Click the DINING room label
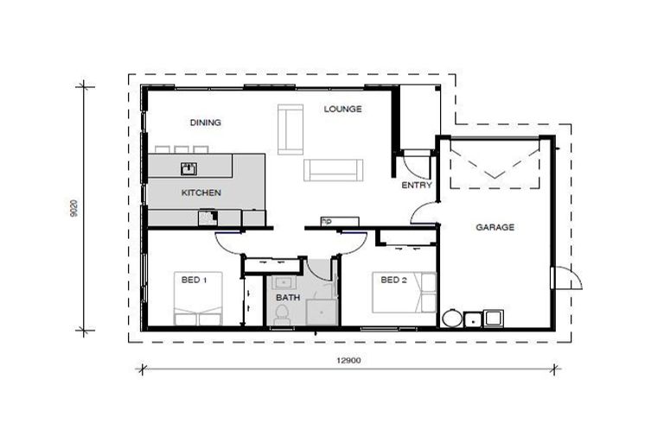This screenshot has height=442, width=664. tap(206, 123)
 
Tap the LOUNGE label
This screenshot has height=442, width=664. tap(342, 110)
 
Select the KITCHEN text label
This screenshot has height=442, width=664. tap(201, 193)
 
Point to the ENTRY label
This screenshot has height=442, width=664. tap(417, 186)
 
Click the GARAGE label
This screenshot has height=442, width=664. tap(495, 228)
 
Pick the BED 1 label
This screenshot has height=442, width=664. tap(194, 280)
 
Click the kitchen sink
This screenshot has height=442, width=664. tap(188, 168)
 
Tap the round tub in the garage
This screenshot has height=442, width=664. tap(452, 319)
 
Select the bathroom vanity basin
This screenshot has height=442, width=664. tap(284, 281)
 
